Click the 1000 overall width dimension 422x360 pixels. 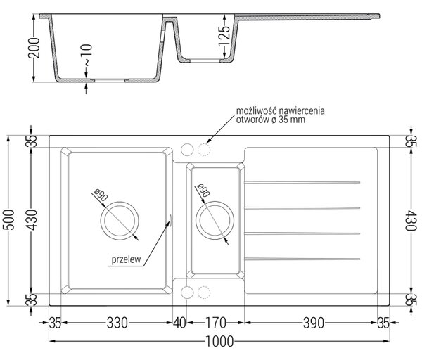tap(219, 342)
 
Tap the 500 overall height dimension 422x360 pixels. tap(8, 220)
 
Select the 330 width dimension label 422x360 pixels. tap(117, 323)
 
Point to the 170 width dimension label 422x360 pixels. tap(216, 323)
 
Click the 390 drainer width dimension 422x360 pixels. tap(314, 323)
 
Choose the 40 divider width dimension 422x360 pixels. tap(179, 323)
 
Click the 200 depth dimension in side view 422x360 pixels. tap(34, 48)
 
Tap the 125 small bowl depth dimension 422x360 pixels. tap(224, 36)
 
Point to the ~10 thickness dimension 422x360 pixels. tap(87, 55)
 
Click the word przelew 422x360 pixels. tap(126, 259)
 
